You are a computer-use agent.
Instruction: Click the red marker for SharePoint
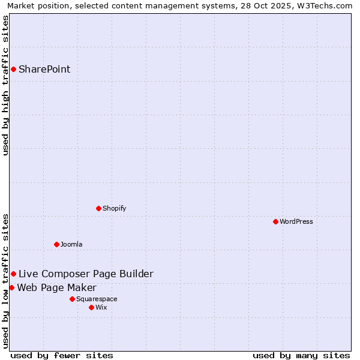(x=13, y=69)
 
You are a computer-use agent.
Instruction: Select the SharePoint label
(x=44, y=69)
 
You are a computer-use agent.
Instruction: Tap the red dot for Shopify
(x=98, y=208)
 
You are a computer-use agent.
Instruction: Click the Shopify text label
(x=114, y=208)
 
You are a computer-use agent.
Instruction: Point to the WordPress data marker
(x=275, y=221)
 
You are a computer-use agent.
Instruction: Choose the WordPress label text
(x=296, y=221)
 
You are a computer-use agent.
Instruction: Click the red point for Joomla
(x=56, y=244)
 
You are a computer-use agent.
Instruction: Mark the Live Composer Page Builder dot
(x=13, y=274)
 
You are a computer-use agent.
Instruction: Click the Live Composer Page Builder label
(x=86, y=274)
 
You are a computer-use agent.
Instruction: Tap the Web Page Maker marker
(x=11, y=287)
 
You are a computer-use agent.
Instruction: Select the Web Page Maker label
(x=56, y=287)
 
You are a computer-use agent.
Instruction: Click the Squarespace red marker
(x=72, y=299)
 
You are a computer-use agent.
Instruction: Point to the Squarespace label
(x=97, y=299)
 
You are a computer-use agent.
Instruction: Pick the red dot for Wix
(x=91, y=307)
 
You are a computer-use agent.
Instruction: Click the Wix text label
(x=101, y=307)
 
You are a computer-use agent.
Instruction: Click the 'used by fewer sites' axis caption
(x=62, y=355)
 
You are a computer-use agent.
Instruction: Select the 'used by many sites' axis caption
(x=301, y=355)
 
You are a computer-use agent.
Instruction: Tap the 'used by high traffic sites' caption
(x=5, y=85)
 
